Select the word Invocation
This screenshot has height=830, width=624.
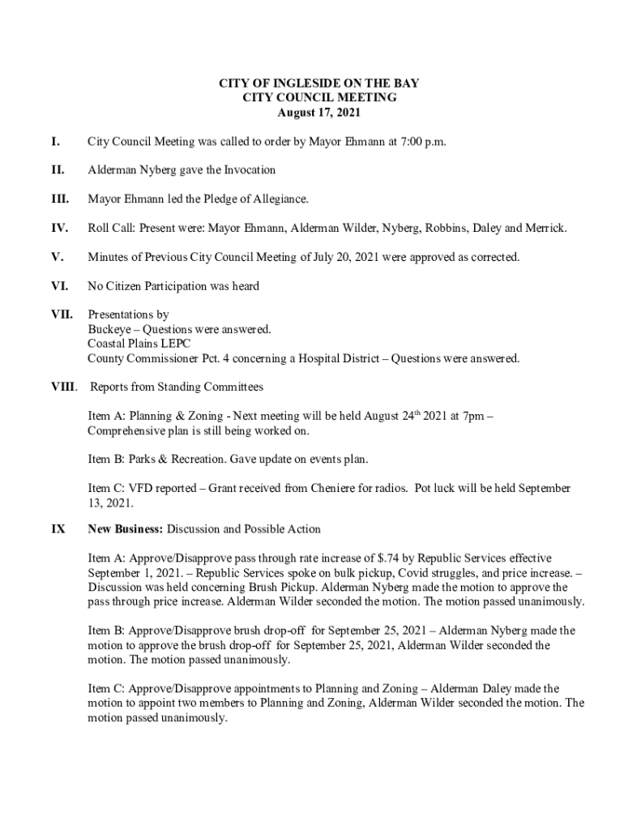point(246,170)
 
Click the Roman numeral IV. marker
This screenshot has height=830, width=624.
point(59,229)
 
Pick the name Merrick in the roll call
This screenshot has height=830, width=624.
point(545,229)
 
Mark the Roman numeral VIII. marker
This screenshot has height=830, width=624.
point(65,387)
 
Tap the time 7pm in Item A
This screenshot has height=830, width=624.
point(470,417)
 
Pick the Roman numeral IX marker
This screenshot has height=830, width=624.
point(58,529)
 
